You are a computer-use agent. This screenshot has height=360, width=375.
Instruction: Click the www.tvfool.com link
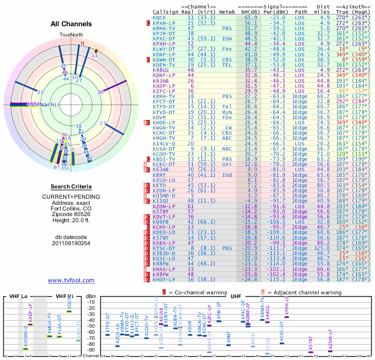71,280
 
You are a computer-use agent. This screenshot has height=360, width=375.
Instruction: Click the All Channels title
71,24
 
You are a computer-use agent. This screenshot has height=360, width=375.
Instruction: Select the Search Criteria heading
71,187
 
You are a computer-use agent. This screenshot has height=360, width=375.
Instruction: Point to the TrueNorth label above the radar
71,35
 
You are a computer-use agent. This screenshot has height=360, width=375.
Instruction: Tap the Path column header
301,12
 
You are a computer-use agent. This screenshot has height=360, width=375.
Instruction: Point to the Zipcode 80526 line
71,214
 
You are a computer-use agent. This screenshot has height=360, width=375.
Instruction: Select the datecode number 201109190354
71,243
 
